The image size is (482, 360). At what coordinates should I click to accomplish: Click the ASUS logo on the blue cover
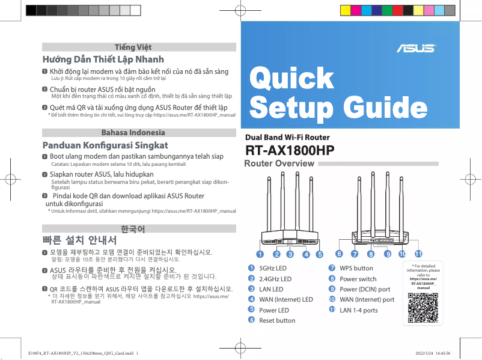(x=415, y=47)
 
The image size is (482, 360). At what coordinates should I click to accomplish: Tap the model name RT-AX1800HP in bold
(x=290, y=150)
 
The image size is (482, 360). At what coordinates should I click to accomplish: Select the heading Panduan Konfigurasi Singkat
(x=105, y=145)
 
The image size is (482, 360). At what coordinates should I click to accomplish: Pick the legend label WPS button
(x=356, y=268)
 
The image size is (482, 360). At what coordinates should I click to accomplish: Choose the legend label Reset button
(x=277, y=320)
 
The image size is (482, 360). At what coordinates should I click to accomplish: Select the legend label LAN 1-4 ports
(x=359, y=310)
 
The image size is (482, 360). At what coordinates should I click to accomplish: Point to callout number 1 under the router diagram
(x=260, y=254)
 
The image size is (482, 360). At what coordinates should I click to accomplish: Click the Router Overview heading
(x=279, y=163)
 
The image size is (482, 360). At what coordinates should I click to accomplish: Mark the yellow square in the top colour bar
(x=346, y=10)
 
